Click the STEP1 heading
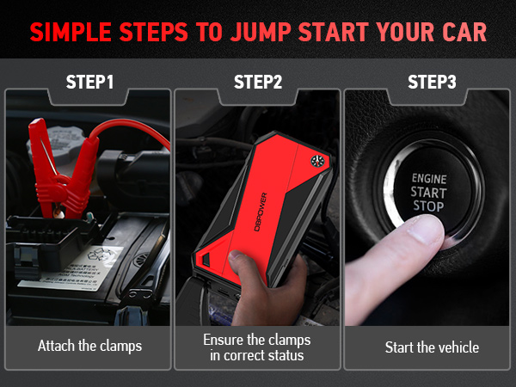pos(89,83)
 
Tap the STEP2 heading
pos(258,83)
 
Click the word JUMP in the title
pos(264,32)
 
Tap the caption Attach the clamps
pos(89,347)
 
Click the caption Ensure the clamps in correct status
pos(258,347)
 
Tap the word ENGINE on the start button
pos(427,178)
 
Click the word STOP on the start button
pos(427,207)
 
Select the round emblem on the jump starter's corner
pos(314,159)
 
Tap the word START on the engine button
pos(427,193)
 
